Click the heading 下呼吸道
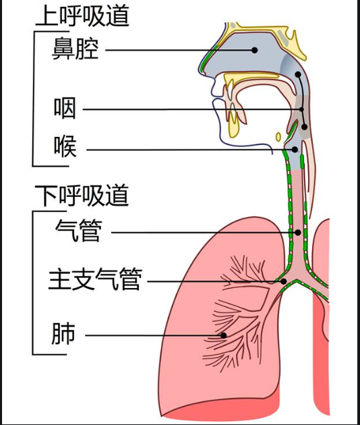point(82,196)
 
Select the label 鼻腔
point(76,49)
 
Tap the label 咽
point(65,109)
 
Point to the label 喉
point(65,146)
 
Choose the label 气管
point(78,231)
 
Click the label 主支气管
point(95,279)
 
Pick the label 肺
point(63,334)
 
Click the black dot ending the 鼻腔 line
point(255,49)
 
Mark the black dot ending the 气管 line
point(297,232)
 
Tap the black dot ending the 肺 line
point(223,335)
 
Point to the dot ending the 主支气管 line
point(284,281)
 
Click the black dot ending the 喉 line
point(295,149)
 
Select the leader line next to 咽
point(189,109)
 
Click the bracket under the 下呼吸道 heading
point(34,283)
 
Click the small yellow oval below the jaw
point(278,137)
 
